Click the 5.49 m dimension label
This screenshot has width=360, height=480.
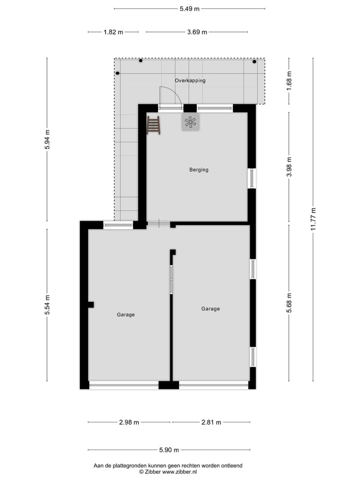[x=190, y=8]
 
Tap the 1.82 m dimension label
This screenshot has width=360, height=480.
[x=113, y=32]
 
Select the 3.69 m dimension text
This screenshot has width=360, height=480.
[x=197, y=32]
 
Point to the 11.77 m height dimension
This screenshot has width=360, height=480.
[x=313, y=218]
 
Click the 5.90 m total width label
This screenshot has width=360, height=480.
[x=169, y=450]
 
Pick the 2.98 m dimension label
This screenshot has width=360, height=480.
[x=129, y=422]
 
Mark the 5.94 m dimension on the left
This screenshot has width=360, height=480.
[x=47, y=139]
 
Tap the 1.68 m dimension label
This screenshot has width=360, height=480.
[x=289, y=80]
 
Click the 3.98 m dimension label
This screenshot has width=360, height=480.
[x=289, y=166]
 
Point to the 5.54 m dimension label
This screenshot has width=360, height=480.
[x=47, y=305]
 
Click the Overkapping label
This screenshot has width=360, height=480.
[x=190, y=80]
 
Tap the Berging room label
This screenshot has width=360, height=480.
[x=198, y=170]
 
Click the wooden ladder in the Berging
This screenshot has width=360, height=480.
[x=153, y=125]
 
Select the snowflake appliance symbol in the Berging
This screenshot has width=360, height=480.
[x=190, y=122]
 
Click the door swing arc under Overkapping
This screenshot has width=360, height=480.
[x=167, y=95]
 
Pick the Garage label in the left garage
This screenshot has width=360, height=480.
[x=125, y=315]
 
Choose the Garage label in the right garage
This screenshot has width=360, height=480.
[x=210, y=309]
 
